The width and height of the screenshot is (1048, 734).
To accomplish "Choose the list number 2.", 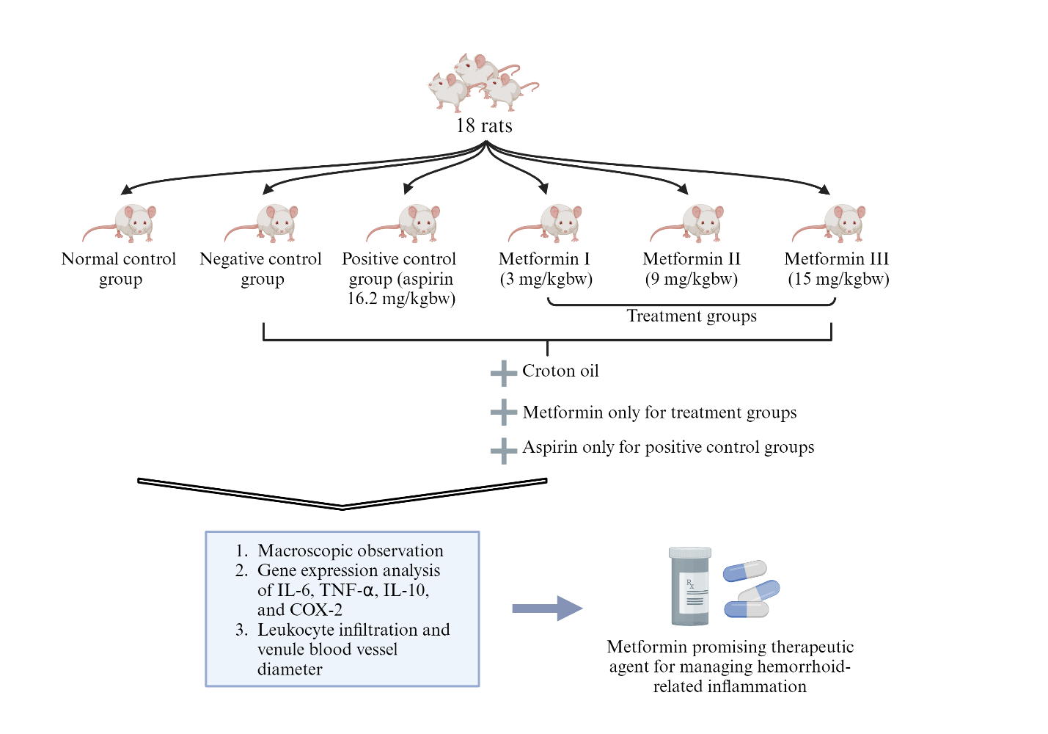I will click(241, 570).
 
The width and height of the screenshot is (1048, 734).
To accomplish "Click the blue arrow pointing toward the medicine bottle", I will click(546, 608).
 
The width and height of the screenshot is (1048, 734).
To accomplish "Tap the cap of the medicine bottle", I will click(689, 553).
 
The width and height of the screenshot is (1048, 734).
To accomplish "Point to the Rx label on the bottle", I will click(691, 585).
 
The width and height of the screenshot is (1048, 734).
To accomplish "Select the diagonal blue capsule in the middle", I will click(759, 590).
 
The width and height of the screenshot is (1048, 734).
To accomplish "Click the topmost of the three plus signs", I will click(504, 374).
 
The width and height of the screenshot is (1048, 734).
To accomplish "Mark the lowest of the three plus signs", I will click(504, 451).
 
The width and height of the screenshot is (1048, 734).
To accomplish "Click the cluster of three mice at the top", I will click(480, 83).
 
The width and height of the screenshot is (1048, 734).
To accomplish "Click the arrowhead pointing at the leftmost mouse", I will click(126, 190).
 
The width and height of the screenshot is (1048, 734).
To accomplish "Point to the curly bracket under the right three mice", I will click(692, 302).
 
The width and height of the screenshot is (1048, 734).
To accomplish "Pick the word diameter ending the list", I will click(290, 669).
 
